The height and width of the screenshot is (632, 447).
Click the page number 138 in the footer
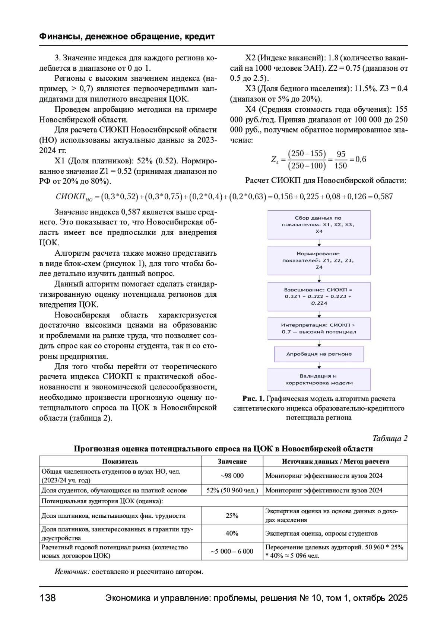pos(48,598)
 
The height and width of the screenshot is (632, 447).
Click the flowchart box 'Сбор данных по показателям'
pos(319,225)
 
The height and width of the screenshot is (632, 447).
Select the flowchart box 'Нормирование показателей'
pos(319,261)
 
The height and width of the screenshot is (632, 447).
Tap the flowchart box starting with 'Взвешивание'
pos(319,296)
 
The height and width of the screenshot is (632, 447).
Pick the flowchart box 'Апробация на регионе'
pos(319,354)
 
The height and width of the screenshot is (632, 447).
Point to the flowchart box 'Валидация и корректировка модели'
pos(319,379)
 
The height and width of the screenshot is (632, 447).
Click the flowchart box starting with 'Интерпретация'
pos(319,328)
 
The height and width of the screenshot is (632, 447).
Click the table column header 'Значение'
pos(232,462)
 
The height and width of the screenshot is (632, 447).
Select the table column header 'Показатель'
pos(120,462)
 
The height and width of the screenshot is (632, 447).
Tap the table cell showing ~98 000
pos(232,476)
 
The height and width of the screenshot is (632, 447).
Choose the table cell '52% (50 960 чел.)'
pos(232,490)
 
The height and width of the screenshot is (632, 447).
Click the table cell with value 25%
pos(232,516)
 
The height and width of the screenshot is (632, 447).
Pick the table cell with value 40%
pos(232,533)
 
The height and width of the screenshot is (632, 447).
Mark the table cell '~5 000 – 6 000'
pos(232,551)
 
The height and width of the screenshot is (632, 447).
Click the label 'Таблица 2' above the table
pos(390,438)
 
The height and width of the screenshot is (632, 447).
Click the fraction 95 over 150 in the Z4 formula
pos(341,160)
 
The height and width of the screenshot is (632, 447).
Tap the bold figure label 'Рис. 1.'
pos(253,399)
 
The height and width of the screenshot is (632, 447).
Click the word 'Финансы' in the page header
pos(59,36)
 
